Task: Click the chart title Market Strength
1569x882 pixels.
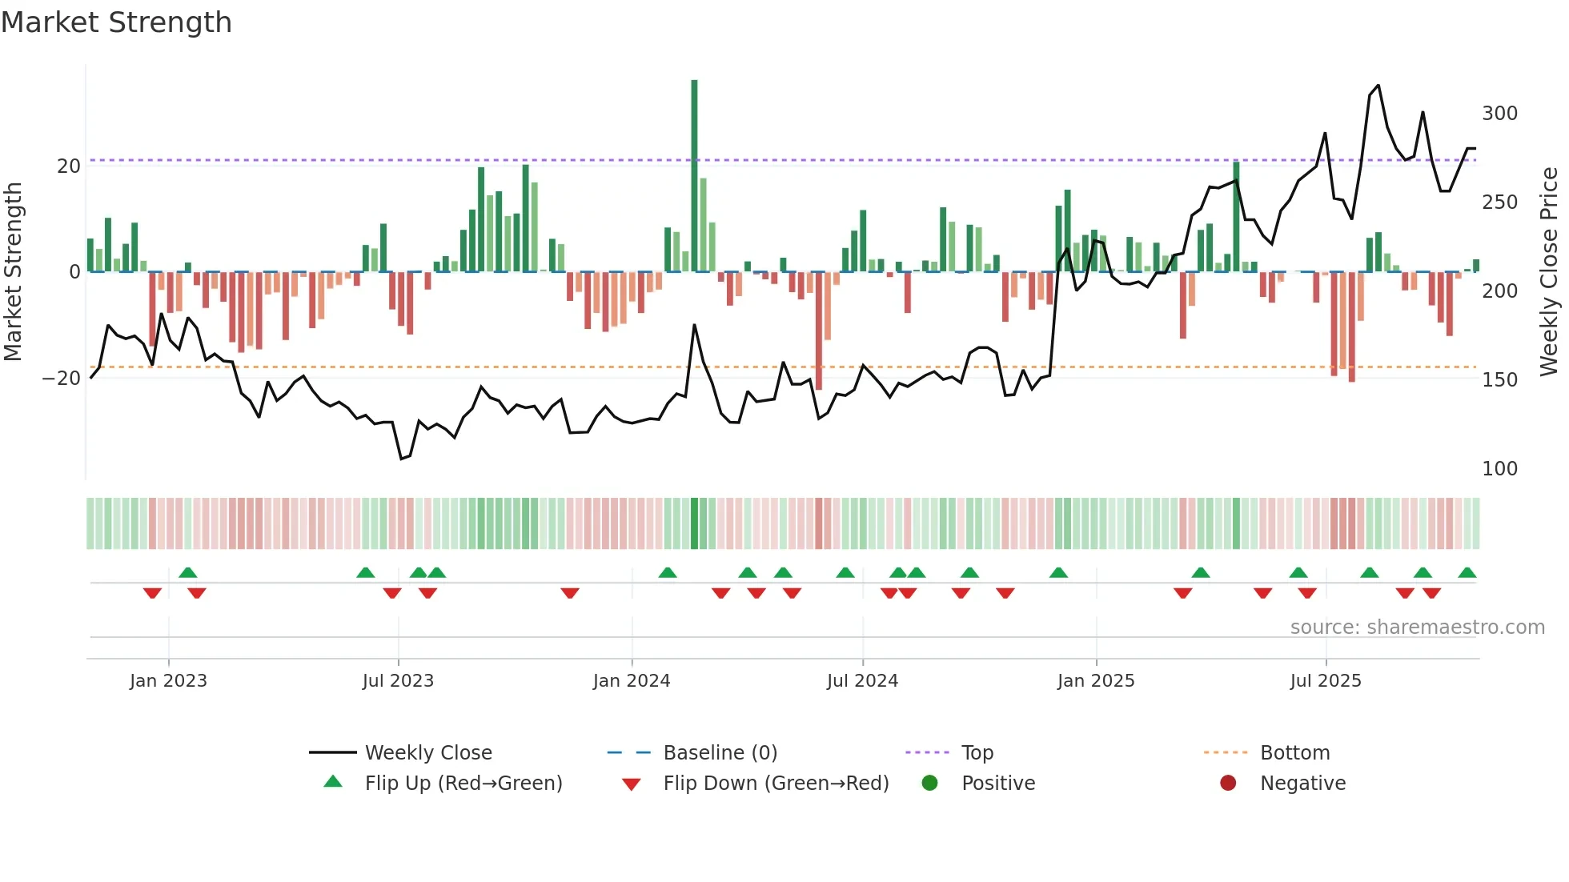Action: pyautogui.click(x=116, y=22)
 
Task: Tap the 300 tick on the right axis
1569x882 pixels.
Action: pyautogui.click(x=1499, y=114)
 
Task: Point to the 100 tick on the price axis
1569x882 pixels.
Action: pyautogui.click(x=1499, y=469)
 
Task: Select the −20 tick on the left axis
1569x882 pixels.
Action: pyautogui.click(x=62, y=379)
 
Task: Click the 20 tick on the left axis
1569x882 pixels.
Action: pyautogui.click(x=69, y=166)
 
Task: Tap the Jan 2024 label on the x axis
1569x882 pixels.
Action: pyautogui.click(x=632, y=681)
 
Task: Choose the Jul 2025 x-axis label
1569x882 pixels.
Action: pyautogui.click(x=1325, y=681)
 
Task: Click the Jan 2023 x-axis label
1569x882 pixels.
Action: pyautogui.click(x=168, y=681)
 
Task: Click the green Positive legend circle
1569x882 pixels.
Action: pyautogui.click(x=929, y=783)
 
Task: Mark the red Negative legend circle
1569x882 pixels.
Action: pyautogui.click(x=1228, y=783)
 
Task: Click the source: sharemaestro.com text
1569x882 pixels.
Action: pyautogui.click(x=1417, y=627)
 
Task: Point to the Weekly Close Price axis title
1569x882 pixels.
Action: pyautogui.click(x=1549, y=271)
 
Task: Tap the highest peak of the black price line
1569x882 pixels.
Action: pyautogui.click(x=1378, y=86)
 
